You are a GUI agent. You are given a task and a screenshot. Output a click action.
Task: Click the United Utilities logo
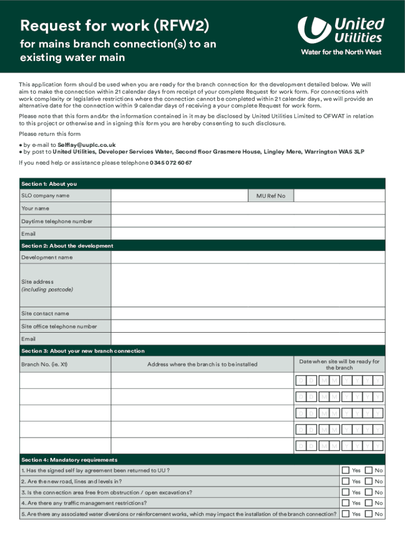pos(340,35)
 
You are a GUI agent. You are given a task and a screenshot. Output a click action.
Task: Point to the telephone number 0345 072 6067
pos(171,163)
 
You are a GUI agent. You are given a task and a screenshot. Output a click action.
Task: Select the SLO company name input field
pos(179,196)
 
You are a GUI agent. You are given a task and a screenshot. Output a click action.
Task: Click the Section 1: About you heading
pos(49,184)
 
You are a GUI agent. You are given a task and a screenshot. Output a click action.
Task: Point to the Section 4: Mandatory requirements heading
pos(69,460)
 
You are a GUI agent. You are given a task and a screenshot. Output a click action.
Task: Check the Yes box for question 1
pos(346,470)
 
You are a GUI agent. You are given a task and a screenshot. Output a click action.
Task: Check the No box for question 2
pos(369,481)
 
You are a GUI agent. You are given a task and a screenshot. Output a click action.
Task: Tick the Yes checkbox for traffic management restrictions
pos(346,503)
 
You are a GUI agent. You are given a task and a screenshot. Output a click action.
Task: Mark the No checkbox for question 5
pos(369,514)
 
